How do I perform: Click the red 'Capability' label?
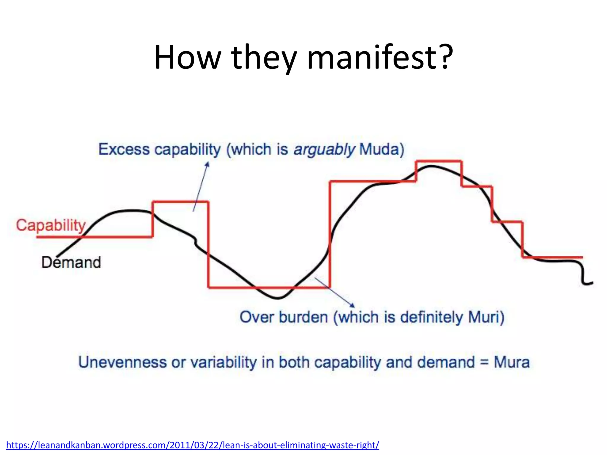[x=51, y=225]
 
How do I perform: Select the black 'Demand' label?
[x=71, y=262]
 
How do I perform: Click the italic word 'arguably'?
[x=324, y=149]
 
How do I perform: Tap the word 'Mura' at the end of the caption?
[x=512, y=362]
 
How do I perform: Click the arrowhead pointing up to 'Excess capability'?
[x=207, y=164]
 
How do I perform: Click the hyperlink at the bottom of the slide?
[x=193, y=445]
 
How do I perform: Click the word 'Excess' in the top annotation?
[x=124, y=149]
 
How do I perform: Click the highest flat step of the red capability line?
[x=439, y=161]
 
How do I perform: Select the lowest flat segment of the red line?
[x=269, y=287]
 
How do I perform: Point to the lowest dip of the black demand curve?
[x=277, y=298]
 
